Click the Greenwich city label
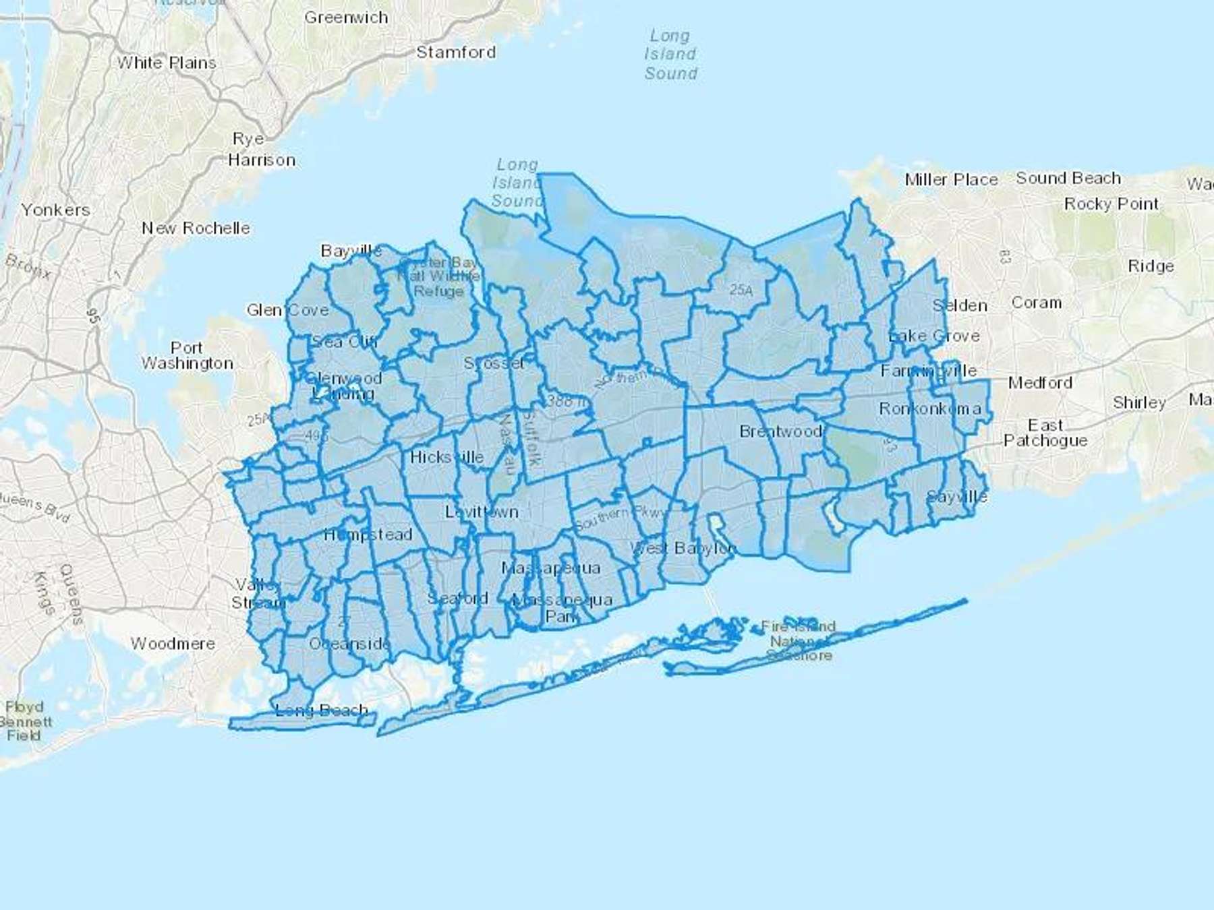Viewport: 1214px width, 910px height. (x=346, y=18)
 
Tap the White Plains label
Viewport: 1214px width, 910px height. (x=167, y=63)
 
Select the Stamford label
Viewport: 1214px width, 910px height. (x=456, y=52)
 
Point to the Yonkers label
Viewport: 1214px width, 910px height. (x=55, y=210)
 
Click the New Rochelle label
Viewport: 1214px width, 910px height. (x=196, y=228)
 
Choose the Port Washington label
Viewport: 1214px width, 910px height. (x=187, y=355)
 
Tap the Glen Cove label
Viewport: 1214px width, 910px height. (x=288, y=310)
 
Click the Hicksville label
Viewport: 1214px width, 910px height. (x=446, y=457)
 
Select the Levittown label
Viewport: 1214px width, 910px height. (x=482, y=512)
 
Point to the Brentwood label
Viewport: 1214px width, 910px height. (x=780, y=431)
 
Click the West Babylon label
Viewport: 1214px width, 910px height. (x=683, y=548)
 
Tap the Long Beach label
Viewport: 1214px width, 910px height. (x=322, y=710)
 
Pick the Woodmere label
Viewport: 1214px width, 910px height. (x=173, y=644)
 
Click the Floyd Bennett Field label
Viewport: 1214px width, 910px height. (x=24, y=721)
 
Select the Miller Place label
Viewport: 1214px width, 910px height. (x=951, y=179)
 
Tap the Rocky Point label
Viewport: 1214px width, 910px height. (x=1111, y=204)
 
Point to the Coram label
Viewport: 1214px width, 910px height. (x=1036, y=303)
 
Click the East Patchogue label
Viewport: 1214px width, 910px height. (x=1045, y=433)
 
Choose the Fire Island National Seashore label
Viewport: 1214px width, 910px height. (x=799, y=640)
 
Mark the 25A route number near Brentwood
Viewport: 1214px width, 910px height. (x=741, y=290)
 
